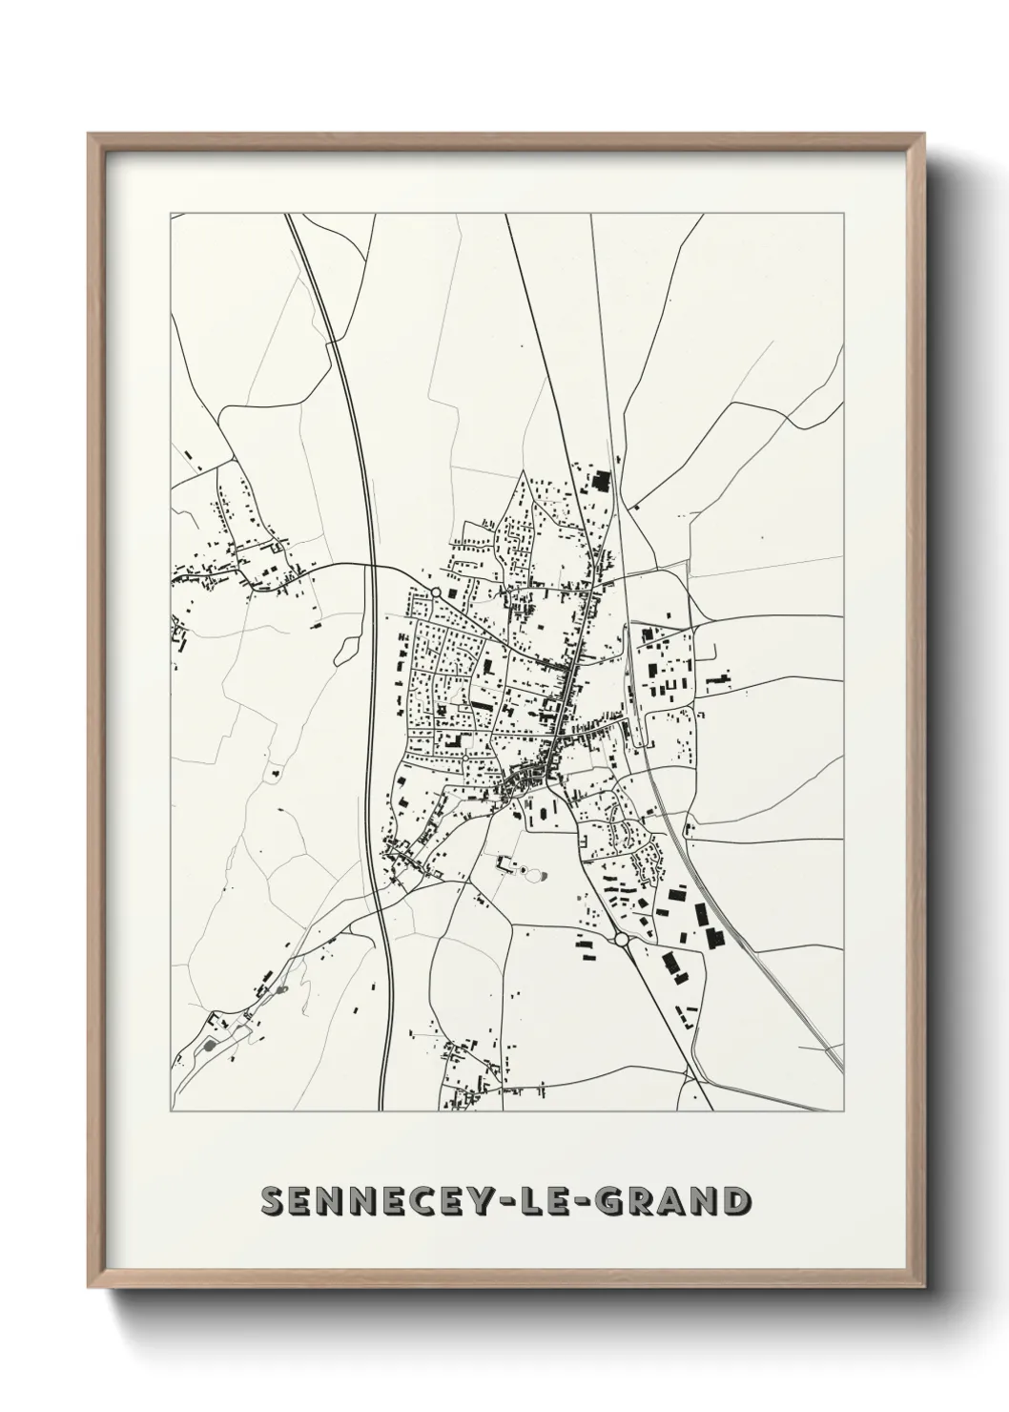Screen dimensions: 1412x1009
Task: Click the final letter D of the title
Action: point(732,1200)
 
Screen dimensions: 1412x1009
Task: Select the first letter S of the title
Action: point(273,1200)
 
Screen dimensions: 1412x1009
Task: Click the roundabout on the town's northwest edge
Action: point(435,593)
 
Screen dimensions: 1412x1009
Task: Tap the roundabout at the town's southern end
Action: point(622,940)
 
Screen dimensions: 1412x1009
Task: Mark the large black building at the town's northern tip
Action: point(600,480)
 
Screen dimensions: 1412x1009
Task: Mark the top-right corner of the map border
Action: point(843,215)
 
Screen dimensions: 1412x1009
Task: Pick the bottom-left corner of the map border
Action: point(170,1111)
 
